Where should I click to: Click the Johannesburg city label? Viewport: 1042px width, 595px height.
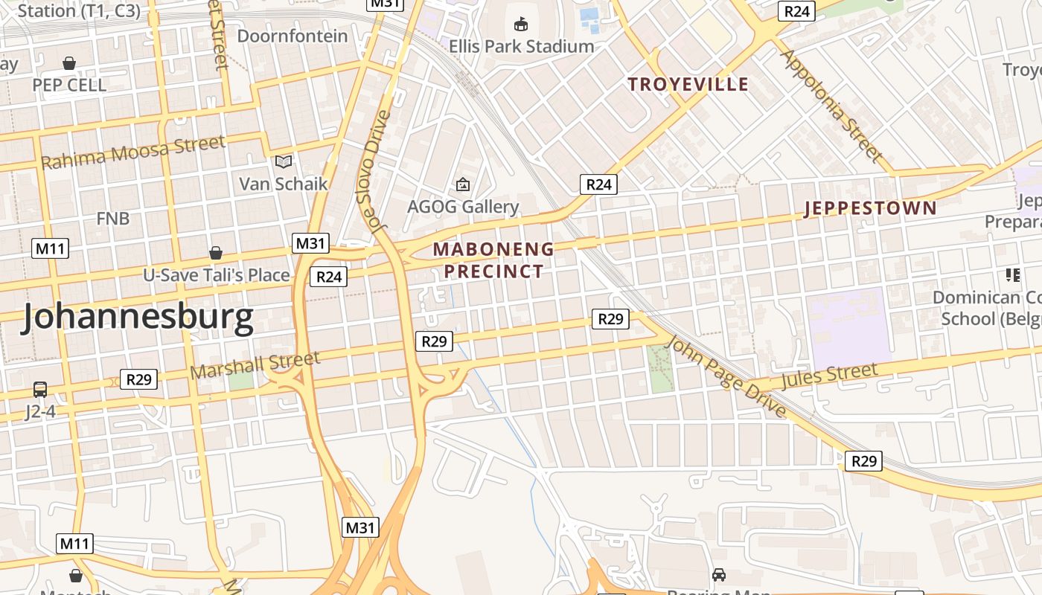[x=138, y=318]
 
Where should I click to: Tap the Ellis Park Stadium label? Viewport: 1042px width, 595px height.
[x=521, y=46]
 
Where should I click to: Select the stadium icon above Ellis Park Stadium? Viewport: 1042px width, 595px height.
[x=521, y=25]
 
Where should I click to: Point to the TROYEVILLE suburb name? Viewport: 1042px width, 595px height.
[x=688, y=84]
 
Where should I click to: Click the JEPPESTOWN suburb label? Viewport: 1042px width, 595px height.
[x=870, y=208]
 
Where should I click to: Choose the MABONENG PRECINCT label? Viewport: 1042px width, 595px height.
[x=494, y=260]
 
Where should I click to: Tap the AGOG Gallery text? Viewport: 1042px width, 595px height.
[x=463, y=206]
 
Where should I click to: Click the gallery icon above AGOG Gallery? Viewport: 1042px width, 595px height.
[x=463, y=184]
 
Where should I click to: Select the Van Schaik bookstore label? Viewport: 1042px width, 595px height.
[x=283, y=183]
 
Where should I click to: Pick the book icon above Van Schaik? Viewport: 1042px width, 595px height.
[x=283, y=161]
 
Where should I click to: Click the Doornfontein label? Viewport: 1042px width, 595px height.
[x=292, y=36]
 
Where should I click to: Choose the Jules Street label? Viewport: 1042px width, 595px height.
[x=829, y=376]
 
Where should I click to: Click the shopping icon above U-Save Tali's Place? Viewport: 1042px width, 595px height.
[x=216, y=254]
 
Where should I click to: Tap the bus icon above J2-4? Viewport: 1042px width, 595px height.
[x=40, y=390]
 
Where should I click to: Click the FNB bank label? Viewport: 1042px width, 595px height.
[x=113, y=218]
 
